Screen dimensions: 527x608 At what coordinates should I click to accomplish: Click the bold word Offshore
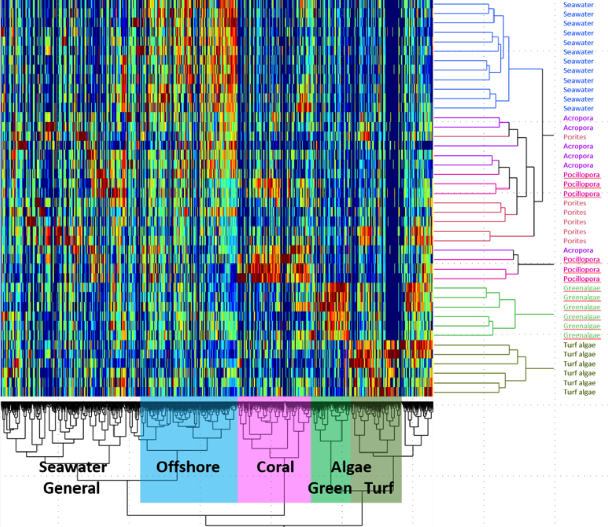pyautogui.click(x=188, y=467)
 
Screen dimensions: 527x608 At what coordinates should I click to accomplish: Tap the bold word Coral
pyautogui.click(x=275, y=467)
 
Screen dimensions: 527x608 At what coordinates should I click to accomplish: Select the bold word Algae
pyautogui.click(x=351, y=467)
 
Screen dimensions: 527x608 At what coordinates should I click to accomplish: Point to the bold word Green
pyautogui.click(x=330, y=488)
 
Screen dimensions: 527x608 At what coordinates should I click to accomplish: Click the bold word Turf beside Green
pyautogui.click(x=379, y=488)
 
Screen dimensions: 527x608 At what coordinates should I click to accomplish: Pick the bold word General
pyautogui.click(x=71, y=488)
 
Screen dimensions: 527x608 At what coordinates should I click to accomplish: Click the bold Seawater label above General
pyautogui.click(x=73, y=467)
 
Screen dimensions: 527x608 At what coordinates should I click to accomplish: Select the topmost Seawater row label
pyautogui.click(x=578, y=5)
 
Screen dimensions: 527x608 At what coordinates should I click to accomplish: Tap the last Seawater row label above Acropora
pyautogui.click(x=578, y=108)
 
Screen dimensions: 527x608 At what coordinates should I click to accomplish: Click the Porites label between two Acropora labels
pyautogui.click(x=575, y=137)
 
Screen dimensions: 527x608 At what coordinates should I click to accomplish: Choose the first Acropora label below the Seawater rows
pyautogui.click(x=578, y=118)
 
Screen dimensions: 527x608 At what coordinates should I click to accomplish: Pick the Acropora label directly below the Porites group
pyautogui.click(x=578, y=250)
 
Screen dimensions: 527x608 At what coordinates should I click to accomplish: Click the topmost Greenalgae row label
pyautogui.click(x=582, y=288)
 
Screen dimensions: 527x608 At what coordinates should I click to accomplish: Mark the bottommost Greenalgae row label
pyautogui.click(x=582, y=335)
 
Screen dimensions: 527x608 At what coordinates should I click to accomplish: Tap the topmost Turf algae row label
pyautogui.click(x=580, y=345)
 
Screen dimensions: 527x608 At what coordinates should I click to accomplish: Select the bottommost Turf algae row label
pyautogui.click(x=580, y=392)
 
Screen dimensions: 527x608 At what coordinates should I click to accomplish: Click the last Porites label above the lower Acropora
pyautogui.click(x=575, y=241)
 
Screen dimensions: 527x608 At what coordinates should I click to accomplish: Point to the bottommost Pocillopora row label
pyautogui.click(x=582, y=279)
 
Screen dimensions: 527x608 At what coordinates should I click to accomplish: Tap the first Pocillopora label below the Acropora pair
pyautogui.click(x=582, y=175)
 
